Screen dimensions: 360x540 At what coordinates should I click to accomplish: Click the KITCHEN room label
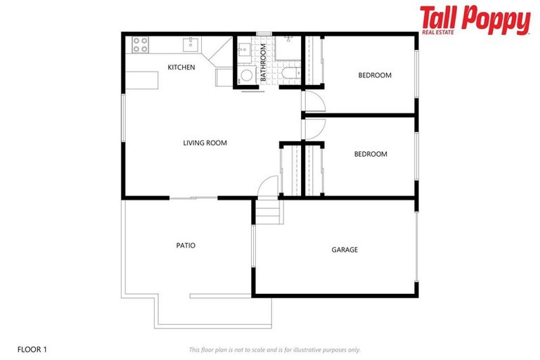(x=181, y=67)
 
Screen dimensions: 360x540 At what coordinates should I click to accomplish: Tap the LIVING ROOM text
(x=205, y=143)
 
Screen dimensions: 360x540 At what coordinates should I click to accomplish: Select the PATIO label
(x=186, y=245)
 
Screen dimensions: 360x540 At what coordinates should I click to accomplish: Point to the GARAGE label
(x=345, y=250)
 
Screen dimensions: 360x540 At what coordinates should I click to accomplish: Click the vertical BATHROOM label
(x=264, y=63)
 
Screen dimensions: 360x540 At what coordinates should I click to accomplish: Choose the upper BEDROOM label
(x=374, y=75)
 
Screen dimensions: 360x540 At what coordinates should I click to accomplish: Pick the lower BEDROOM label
(x=370, y=154)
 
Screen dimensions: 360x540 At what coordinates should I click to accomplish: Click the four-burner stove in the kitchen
(x=141, y=45)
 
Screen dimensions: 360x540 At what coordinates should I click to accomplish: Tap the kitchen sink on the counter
(x=190, y=45)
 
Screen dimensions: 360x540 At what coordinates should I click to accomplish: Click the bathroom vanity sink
(x=244, y=49)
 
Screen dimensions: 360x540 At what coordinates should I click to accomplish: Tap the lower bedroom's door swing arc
(x=314, y=129)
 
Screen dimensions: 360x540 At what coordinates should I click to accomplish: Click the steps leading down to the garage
(x=266, y=210)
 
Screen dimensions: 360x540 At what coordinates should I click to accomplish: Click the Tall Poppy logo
(x=475, y=20)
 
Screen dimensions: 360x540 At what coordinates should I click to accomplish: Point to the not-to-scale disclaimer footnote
(x=274, y=349)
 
